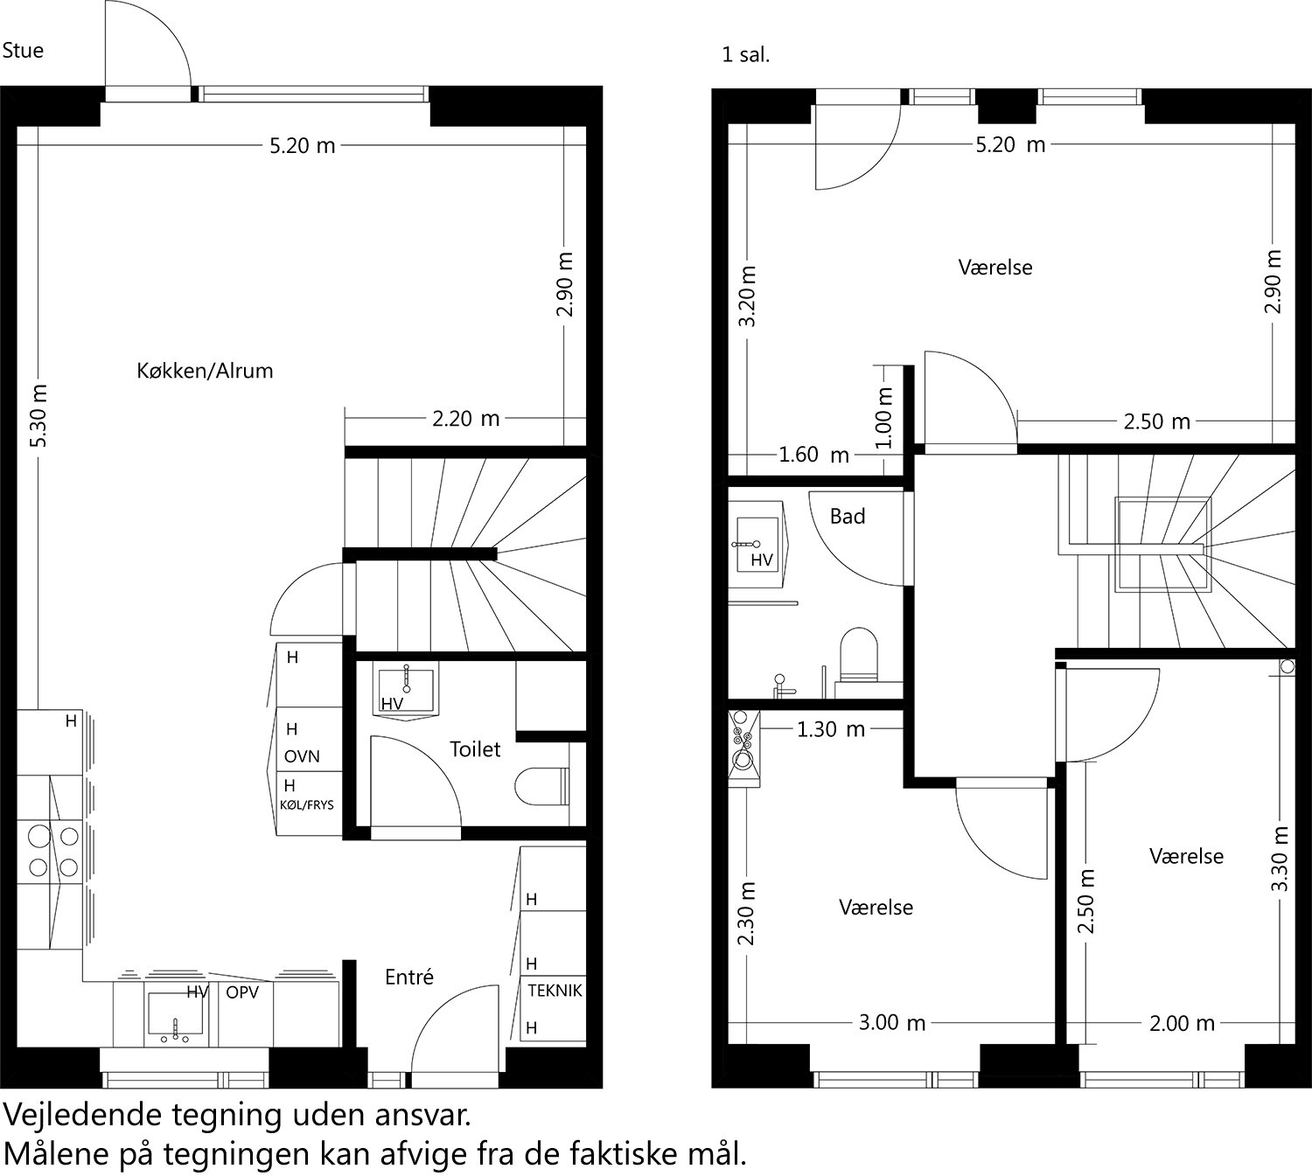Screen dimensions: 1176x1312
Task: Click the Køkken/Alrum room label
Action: tap(205, 371)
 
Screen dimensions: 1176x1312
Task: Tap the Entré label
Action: tap(409, 977)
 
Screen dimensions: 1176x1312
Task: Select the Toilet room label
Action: tap(475, 749)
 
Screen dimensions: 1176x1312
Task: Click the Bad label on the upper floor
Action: tap(847, 517)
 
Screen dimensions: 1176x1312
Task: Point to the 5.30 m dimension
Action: tap(38, 416)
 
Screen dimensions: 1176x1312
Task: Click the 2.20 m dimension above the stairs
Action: tap(465, 419)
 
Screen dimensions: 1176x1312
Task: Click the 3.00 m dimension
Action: tap(891, 1022)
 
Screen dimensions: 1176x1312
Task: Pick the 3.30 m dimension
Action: tap(1279, 859)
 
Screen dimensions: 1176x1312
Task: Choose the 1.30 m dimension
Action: tap(830, 728)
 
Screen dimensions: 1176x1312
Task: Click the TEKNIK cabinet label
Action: tap(555, 991)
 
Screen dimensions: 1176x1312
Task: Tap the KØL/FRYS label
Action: tap(307, 804)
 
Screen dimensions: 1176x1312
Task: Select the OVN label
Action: tap(302, 756)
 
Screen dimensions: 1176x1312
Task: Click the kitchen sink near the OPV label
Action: tap(176, 1019)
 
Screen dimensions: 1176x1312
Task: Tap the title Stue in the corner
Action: tap(23, 51)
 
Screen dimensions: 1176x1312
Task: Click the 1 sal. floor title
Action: tap(745, 55)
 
